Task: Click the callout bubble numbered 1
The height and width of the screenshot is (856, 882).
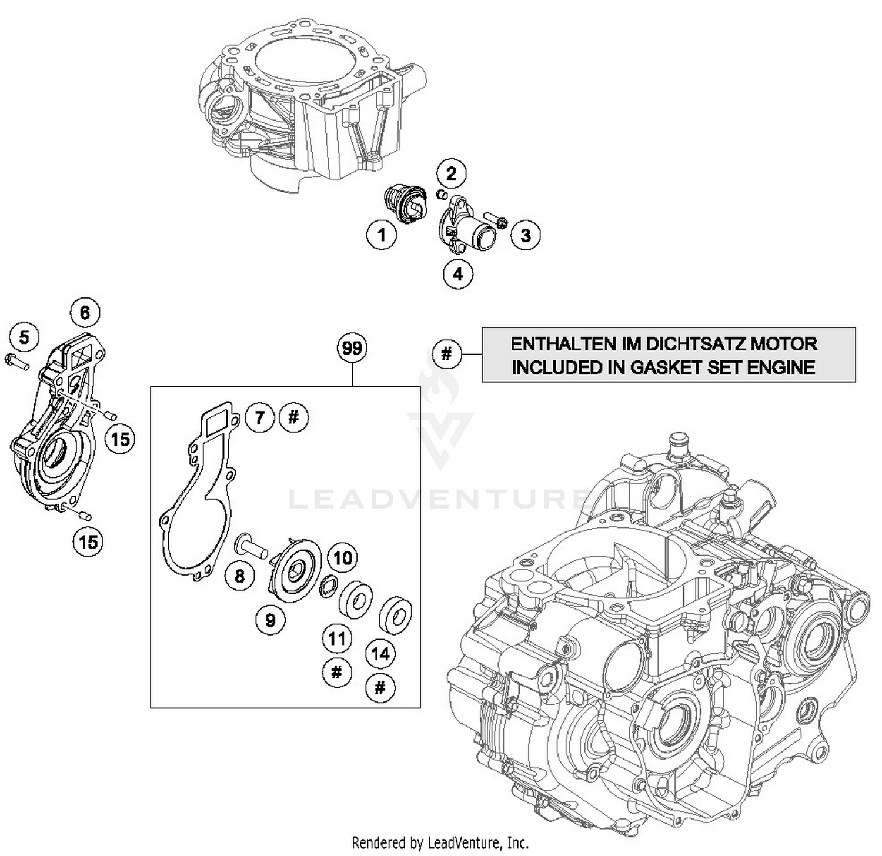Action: pyautogui.click(x=382, y=235)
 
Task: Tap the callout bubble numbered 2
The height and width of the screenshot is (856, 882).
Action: pyautogui.click(x=451, y=173)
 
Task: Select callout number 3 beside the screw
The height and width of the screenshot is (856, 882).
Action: pyautogui.click(x=525, y=235)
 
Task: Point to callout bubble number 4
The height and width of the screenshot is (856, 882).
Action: pyautogui.click(x=458, y=273)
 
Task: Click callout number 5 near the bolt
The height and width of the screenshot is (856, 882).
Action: pyautogui.click(x=24, y=337)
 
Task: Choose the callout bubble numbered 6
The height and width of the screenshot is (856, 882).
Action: pyautogui.click(x=85, y=312)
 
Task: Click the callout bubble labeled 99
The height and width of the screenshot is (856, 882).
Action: pyautogui.click(x=352, y=348)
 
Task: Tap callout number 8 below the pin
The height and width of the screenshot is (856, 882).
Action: pyautogui.click(x=239, y=575)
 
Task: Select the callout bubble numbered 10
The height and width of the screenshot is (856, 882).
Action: pyautogui.click(x=343, y=557)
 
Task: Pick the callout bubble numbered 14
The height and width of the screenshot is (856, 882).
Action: pyautogui.click(x=380, y=654)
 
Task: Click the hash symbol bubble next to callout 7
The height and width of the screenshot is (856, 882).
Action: pyautogui.click(x=294, y=417)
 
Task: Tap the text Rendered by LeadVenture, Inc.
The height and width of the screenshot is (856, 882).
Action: pyautogui.click(x=440, y=842)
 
